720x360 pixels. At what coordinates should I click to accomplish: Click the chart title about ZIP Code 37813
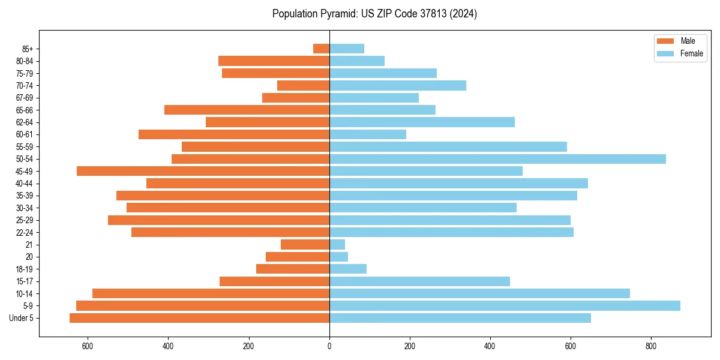click(374, 14)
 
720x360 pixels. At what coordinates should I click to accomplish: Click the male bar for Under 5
click(199, 318)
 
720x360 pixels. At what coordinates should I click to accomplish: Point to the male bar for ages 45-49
click(203, 171)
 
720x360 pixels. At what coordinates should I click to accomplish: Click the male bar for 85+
click(322, 49)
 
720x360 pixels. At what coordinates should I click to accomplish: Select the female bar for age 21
click(337, 245)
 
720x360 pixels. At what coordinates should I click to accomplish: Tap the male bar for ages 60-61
click(234, 134)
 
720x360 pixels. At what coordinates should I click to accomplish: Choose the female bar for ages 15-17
click(419, 281)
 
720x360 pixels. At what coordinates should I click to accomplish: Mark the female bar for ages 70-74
click(398, 85)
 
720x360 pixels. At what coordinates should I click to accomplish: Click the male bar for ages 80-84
click(274, 61)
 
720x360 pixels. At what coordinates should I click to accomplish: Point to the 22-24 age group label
click(25, 233)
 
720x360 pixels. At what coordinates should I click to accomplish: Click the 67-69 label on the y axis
click(25, 98)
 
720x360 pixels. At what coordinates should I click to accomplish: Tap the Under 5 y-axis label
click(21, 318)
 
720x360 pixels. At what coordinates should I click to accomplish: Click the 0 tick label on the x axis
click(329, 346)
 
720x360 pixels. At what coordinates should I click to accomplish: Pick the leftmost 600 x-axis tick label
click(88, 346)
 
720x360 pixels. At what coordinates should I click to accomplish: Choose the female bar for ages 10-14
click(479, 293)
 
